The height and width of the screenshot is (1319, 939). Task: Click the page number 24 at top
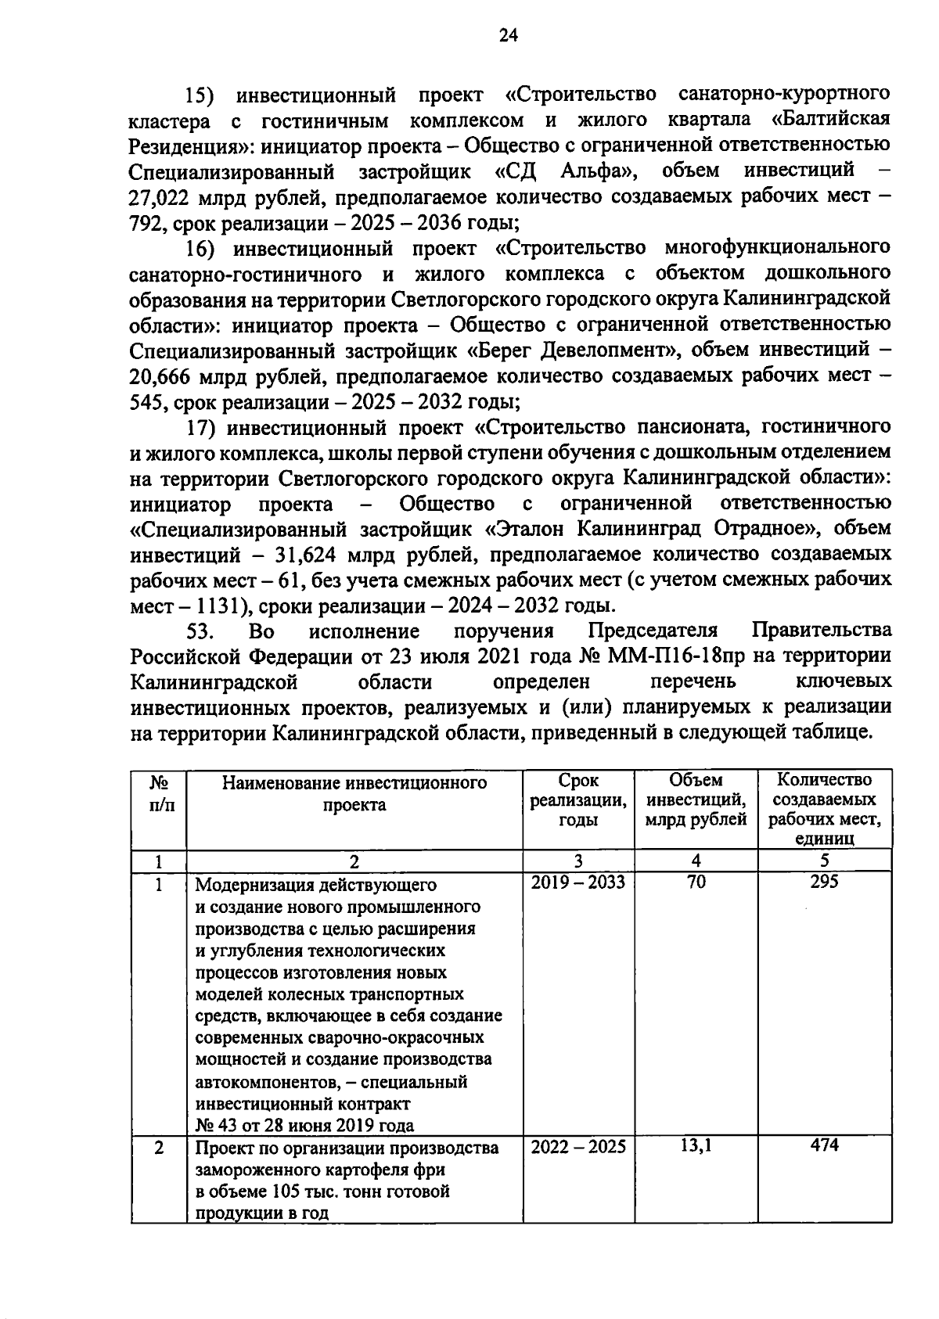pos(508,35)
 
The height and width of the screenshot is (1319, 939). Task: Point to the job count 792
pos(145,223)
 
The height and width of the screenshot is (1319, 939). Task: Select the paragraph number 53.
pos(200,631)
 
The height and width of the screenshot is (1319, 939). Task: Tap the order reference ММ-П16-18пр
pos(670,656)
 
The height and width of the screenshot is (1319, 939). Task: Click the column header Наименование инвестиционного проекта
pos(354,793)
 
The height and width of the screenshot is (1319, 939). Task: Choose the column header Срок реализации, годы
pos(577,800)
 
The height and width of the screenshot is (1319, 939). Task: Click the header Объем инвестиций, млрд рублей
pos(696,800)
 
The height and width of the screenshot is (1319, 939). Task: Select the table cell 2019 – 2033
pos(577,882)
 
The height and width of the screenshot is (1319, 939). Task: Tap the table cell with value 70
pos(696,882)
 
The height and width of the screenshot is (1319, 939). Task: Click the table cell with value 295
pos(824,882)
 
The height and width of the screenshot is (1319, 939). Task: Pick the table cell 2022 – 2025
pos(577,1147)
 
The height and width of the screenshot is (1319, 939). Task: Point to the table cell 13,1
pos(696,1146)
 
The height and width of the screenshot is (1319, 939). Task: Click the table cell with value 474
pos(824,1145)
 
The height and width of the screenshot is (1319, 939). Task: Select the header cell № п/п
pos(159,792)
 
